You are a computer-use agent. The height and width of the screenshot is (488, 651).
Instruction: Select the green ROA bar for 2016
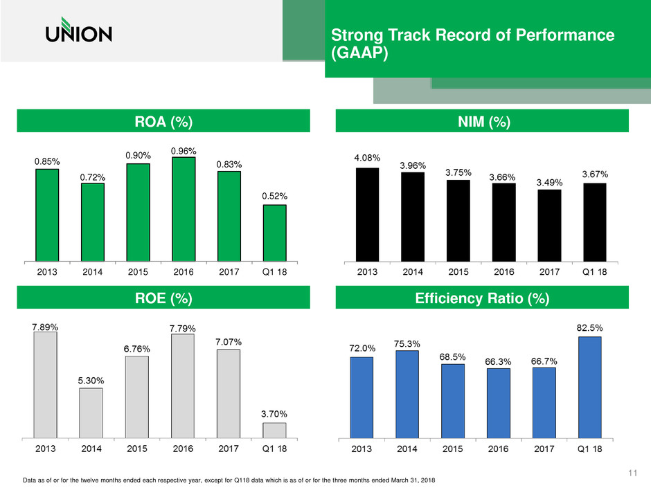click(x=184, y=208)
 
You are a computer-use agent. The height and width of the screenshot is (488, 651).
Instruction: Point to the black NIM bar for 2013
click(x=367, y=214)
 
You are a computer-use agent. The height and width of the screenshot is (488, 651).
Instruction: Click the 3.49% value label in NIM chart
click(x=549, y=182)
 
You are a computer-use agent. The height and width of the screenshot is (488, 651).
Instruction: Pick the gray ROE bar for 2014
click(x=91, y=413)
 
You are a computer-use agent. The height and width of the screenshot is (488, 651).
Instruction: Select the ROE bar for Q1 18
click(x=274, y=430)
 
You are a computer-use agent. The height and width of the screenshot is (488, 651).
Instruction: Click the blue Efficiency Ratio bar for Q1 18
click(x=590, y=387)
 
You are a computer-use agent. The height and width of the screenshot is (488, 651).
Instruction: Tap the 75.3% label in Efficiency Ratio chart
click(x=407, y=343)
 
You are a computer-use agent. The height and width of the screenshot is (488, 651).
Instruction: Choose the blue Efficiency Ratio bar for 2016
click(x=499, y=403)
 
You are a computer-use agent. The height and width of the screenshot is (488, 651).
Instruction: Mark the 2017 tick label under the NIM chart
click(x=549, y=272)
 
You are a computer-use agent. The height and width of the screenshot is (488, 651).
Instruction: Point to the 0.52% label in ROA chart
click(x=275, y=196)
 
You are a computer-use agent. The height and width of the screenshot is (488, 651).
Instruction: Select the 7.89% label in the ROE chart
click(x=46, y=325)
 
